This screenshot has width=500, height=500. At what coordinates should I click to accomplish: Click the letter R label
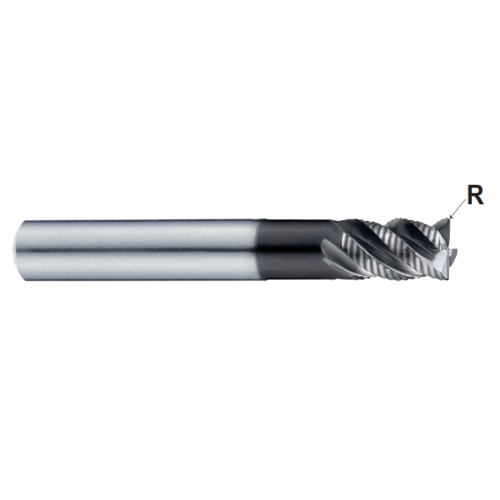(475, 195)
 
